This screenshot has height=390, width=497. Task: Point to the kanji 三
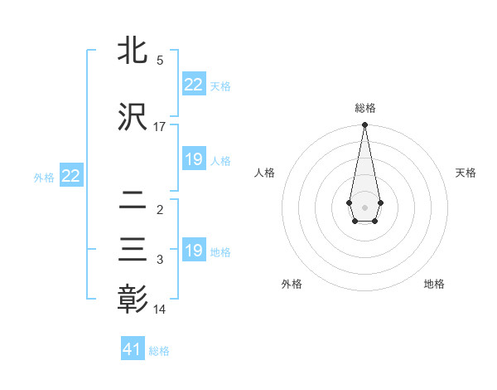pyautogui.click(x=133, y=251)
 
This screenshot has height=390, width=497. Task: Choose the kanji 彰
pyautogui.click(x=133, y=300)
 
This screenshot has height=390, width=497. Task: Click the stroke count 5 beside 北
pyautogui.click(x=160, y=61)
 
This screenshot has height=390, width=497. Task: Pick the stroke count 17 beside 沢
pyautogui.click(x=160, y=127)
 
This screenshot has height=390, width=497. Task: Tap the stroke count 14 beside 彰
pyautogui.click(x=160, y=310)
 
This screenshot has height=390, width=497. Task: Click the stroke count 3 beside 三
pyautogui.click(x=160, y=261)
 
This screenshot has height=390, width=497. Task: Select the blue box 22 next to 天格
pyautogui.click(x=193, y=85)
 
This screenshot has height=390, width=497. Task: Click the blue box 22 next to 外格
pyautogui.click(x=70, y=176)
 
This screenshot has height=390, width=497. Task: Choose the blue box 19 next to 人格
pyautogui.click(x=193, y=159)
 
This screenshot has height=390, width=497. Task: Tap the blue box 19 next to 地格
pyautogui.click(x=193, y=251)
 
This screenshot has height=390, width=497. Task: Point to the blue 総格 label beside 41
pyautogui.click(x=159, y=351)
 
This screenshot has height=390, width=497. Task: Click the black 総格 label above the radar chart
pyautogui.click(x=364, y=109)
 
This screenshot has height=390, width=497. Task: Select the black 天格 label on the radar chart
pyautogui.click(x=466, y=173)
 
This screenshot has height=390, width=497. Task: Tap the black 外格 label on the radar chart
pyautogui.click(x=292, y=285)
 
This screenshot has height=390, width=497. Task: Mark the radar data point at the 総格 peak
pyautogui.click(x=364, y=125)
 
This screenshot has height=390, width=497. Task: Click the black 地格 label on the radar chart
pyautogui.click(x=434, y=285)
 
